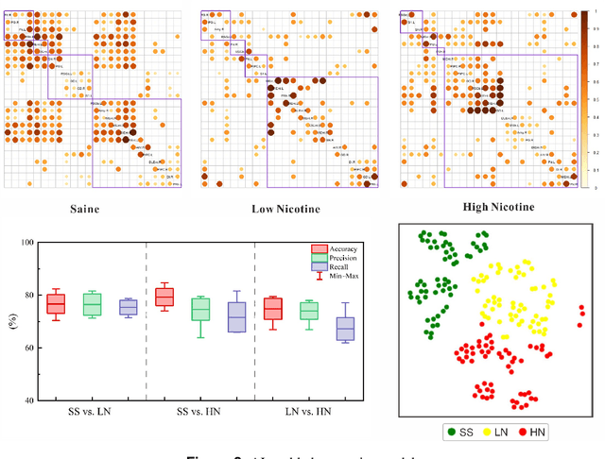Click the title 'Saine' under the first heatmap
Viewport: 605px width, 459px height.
pyautogui.click(x=86, y=209)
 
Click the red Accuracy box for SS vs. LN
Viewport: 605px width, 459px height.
pyautogui.click(x=56, y=303)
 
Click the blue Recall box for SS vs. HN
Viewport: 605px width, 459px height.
pyautogui.click(x=236, y=316)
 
